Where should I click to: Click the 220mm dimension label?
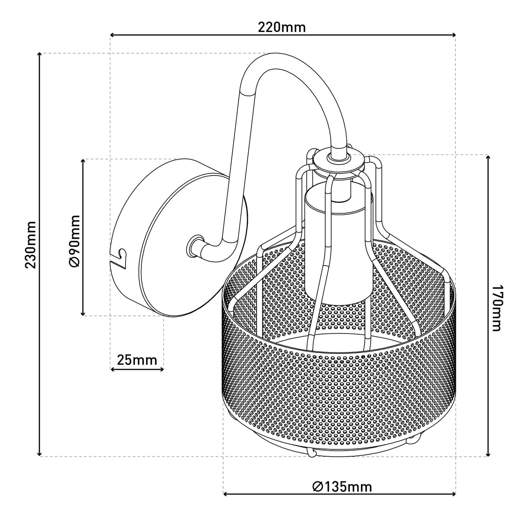(x=282, y=28)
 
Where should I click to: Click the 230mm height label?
(x=30, y=245)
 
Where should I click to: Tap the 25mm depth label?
(x=137, y=360)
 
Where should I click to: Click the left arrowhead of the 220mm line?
(x=112, y=35)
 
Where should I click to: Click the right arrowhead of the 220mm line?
(x=453, y=35)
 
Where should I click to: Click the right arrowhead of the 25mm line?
(x=161, y=369)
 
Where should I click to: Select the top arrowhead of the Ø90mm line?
(x=83, y=161)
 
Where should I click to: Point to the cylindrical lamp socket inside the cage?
(x=338, y=242)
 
